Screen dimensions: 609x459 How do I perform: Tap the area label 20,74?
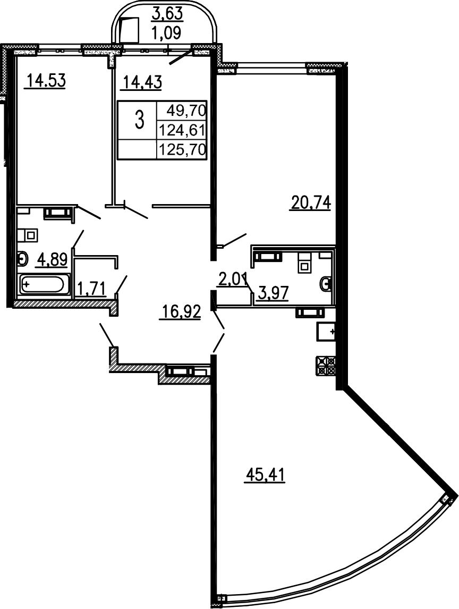[310, 202]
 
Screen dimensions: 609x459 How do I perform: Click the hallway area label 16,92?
[181, 312]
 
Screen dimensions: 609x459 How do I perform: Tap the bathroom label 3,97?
[273, 292]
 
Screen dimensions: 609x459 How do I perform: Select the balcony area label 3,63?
[164, 12]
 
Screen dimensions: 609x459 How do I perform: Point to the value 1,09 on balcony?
[166, 32]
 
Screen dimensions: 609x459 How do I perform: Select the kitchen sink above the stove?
[326, 331]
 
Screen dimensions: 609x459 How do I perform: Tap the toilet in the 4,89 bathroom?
[22, 259]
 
